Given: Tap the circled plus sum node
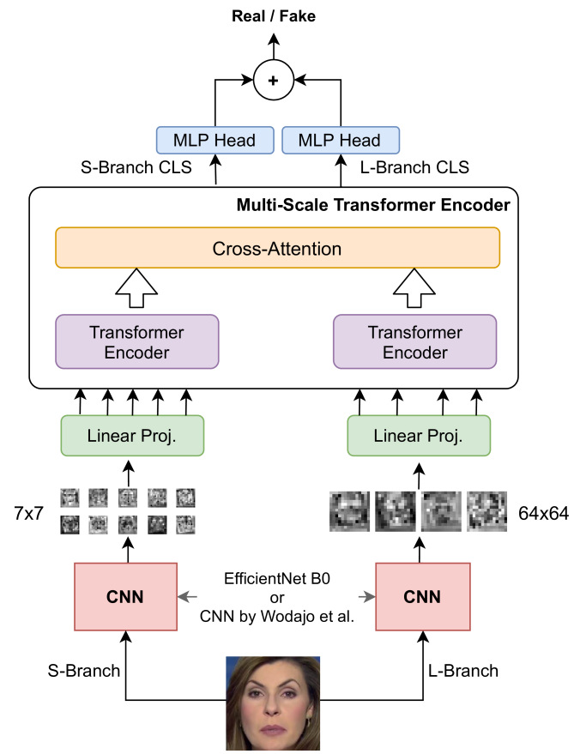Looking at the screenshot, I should (273, 80).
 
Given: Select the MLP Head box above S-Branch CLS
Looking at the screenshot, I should (214, 141).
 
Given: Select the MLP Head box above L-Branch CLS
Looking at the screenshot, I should (340, 141).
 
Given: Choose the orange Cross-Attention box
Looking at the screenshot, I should (277, 248).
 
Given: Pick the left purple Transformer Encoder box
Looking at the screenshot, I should (136, 342).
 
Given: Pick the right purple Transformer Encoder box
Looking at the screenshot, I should (414, 342).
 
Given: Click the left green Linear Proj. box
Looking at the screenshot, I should (132, 436).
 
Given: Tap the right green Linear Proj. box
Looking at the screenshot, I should (419, 436).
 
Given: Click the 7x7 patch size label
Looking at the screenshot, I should (29, 514).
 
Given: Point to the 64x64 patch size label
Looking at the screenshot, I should (544, 514).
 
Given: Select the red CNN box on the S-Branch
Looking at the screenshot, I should (127, 596).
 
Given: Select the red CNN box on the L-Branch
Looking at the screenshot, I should (422, 596).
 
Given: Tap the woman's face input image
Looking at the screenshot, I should (274, 703).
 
